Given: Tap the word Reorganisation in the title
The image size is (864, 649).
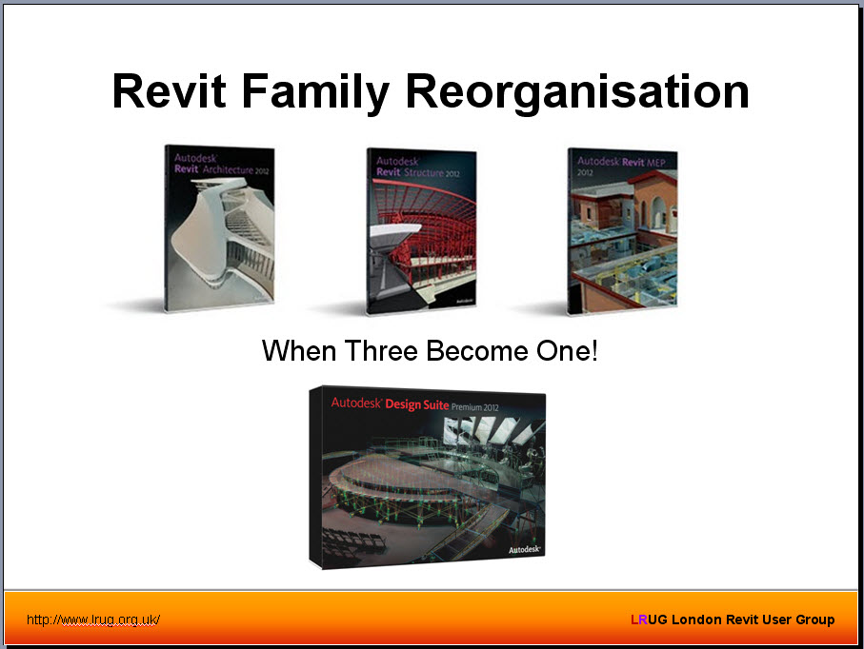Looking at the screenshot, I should tap(577, 92).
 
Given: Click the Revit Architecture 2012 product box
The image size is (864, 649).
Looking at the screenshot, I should tap(220, 228).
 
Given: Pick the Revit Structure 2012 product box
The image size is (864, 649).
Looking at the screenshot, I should tap(422, 231).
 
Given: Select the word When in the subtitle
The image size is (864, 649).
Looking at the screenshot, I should tap(296, 351).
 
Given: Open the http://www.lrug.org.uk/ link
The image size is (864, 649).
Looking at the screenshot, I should tap(93, 619).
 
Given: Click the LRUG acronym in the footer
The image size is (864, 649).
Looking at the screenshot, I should tap(649, 619).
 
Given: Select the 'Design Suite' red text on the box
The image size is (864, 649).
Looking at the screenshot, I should tap(423, 403).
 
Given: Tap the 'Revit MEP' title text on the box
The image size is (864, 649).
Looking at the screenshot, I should tap(635, 162).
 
